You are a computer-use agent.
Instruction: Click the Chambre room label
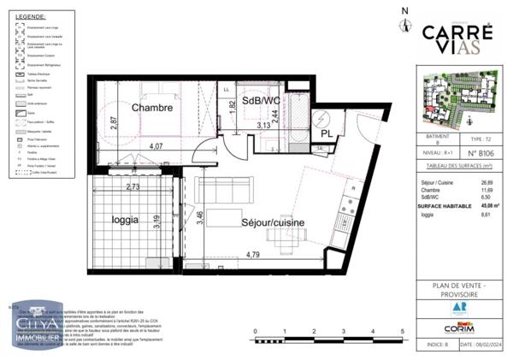point(152,109)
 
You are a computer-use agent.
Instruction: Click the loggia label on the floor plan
point(125,219)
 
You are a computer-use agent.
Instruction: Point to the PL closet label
point(327,133)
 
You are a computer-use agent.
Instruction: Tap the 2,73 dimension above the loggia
point(133,186)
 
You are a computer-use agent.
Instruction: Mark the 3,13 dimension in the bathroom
point(266,125)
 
